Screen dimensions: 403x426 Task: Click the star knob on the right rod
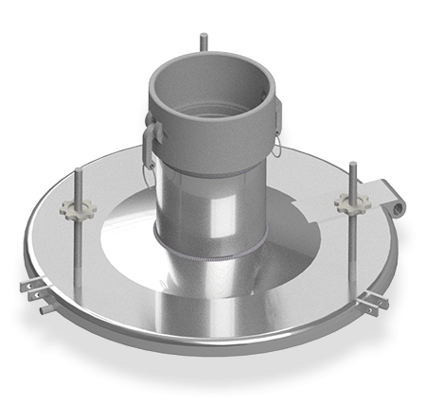click(346, 202)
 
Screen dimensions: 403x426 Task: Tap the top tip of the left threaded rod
click(75, 171)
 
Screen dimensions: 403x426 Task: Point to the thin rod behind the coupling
click(203, 44)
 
